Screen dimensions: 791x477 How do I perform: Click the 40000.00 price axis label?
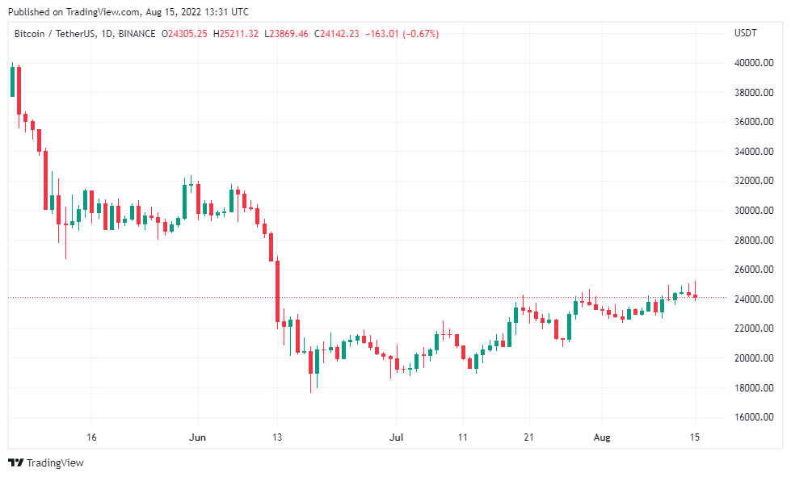tap(754, 63)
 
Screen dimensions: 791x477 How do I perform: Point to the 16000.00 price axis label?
tap(754, 417)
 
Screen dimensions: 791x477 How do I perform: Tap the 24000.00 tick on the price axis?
tap(754, 299)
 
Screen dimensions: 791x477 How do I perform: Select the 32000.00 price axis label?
tap(754, 181)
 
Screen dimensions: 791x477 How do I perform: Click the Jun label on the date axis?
tap(197, 437)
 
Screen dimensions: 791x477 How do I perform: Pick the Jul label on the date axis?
tap(397, 437)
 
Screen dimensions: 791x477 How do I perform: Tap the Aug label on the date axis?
tap(602, 437)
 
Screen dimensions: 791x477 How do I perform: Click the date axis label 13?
tap(277, 437)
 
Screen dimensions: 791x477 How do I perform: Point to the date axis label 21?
tap(528, 437)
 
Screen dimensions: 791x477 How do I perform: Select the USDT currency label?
tap(746, 33)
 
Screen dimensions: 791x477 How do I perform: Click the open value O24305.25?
tap(184, 34)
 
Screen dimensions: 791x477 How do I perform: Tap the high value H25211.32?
tap(236, 34)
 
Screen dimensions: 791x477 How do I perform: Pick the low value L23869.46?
tap(286, 34)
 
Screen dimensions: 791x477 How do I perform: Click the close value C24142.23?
tap(336, 34)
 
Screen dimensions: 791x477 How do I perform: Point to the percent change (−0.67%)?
tap(421, 34)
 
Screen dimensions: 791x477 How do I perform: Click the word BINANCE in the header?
tap(137, 34)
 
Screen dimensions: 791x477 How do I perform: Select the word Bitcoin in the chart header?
tap(29, 34)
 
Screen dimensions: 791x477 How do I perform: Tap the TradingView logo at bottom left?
tap(46, 463)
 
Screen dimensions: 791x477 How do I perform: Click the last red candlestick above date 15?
tap(695, 296)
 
